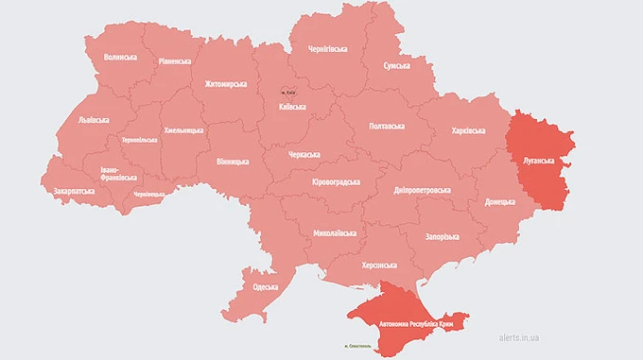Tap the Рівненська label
coord(173,61)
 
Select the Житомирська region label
coord(225,84)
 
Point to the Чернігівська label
coord(320,48)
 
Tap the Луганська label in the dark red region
coord(537,161)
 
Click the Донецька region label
coord(500,202)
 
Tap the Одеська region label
coord(266,287)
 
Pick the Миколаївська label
coord(336,232)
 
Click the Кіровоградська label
coord(336,182)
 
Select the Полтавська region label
coord(386,126)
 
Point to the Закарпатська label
coord(74,191)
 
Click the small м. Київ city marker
coord(289,91)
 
